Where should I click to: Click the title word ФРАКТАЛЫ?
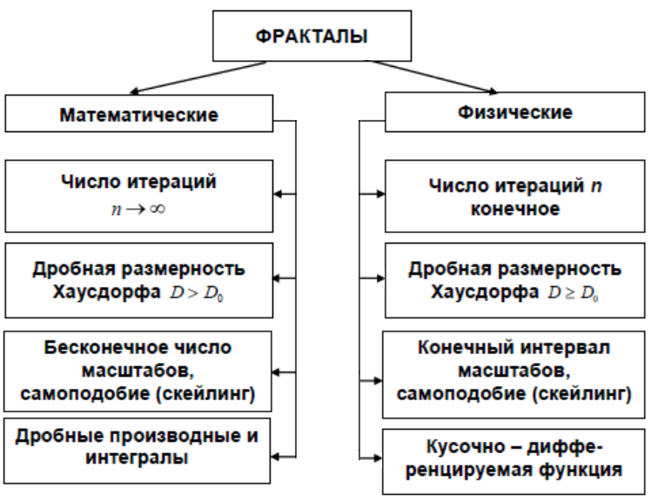pos(312,37)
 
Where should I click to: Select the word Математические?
pos(138,115)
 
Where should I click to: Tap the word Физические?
pos(515,112)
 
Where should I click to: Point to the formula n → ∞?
pos(138,209)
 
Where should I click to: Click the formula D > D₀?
pos(197,293)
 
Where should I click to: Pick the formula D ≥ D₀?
pos(573,293)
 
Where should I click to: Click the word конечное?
pos(515,209)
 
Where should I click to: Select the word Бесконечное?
pos(104,347)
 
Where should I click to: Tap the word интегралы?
pos(137,458)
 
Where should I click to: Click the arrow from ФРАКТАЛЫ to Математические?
pos(198,77)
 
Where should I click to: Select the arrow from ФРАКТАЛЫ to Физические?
pos(431,77)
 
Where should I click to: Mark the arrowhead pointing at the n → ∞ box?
pos(279,194)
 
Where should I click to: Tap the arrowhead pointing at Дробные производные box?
pos(276,457)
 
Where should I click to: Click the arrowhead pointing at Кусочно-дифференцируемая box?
pos(377,458)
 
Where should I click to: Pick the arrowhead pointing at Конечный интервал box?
pos(377,380)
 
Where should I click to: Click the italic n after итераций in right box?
pos(596,186)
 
